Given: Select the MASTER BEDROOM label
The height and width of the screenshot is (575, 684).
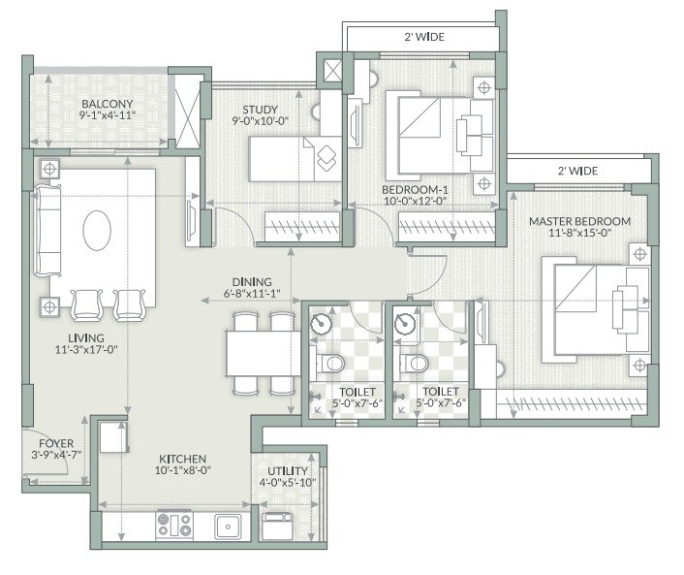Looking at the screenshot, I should point(579,221).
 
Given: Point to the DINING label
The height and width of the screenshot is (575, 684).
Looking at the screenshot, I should point(251,280).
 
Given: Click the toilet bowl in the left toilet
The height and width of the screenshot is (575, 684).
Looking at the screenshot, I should point(329,364).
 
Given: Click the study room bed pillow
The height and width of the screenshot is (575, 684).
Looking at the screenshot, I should point(325,154).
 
